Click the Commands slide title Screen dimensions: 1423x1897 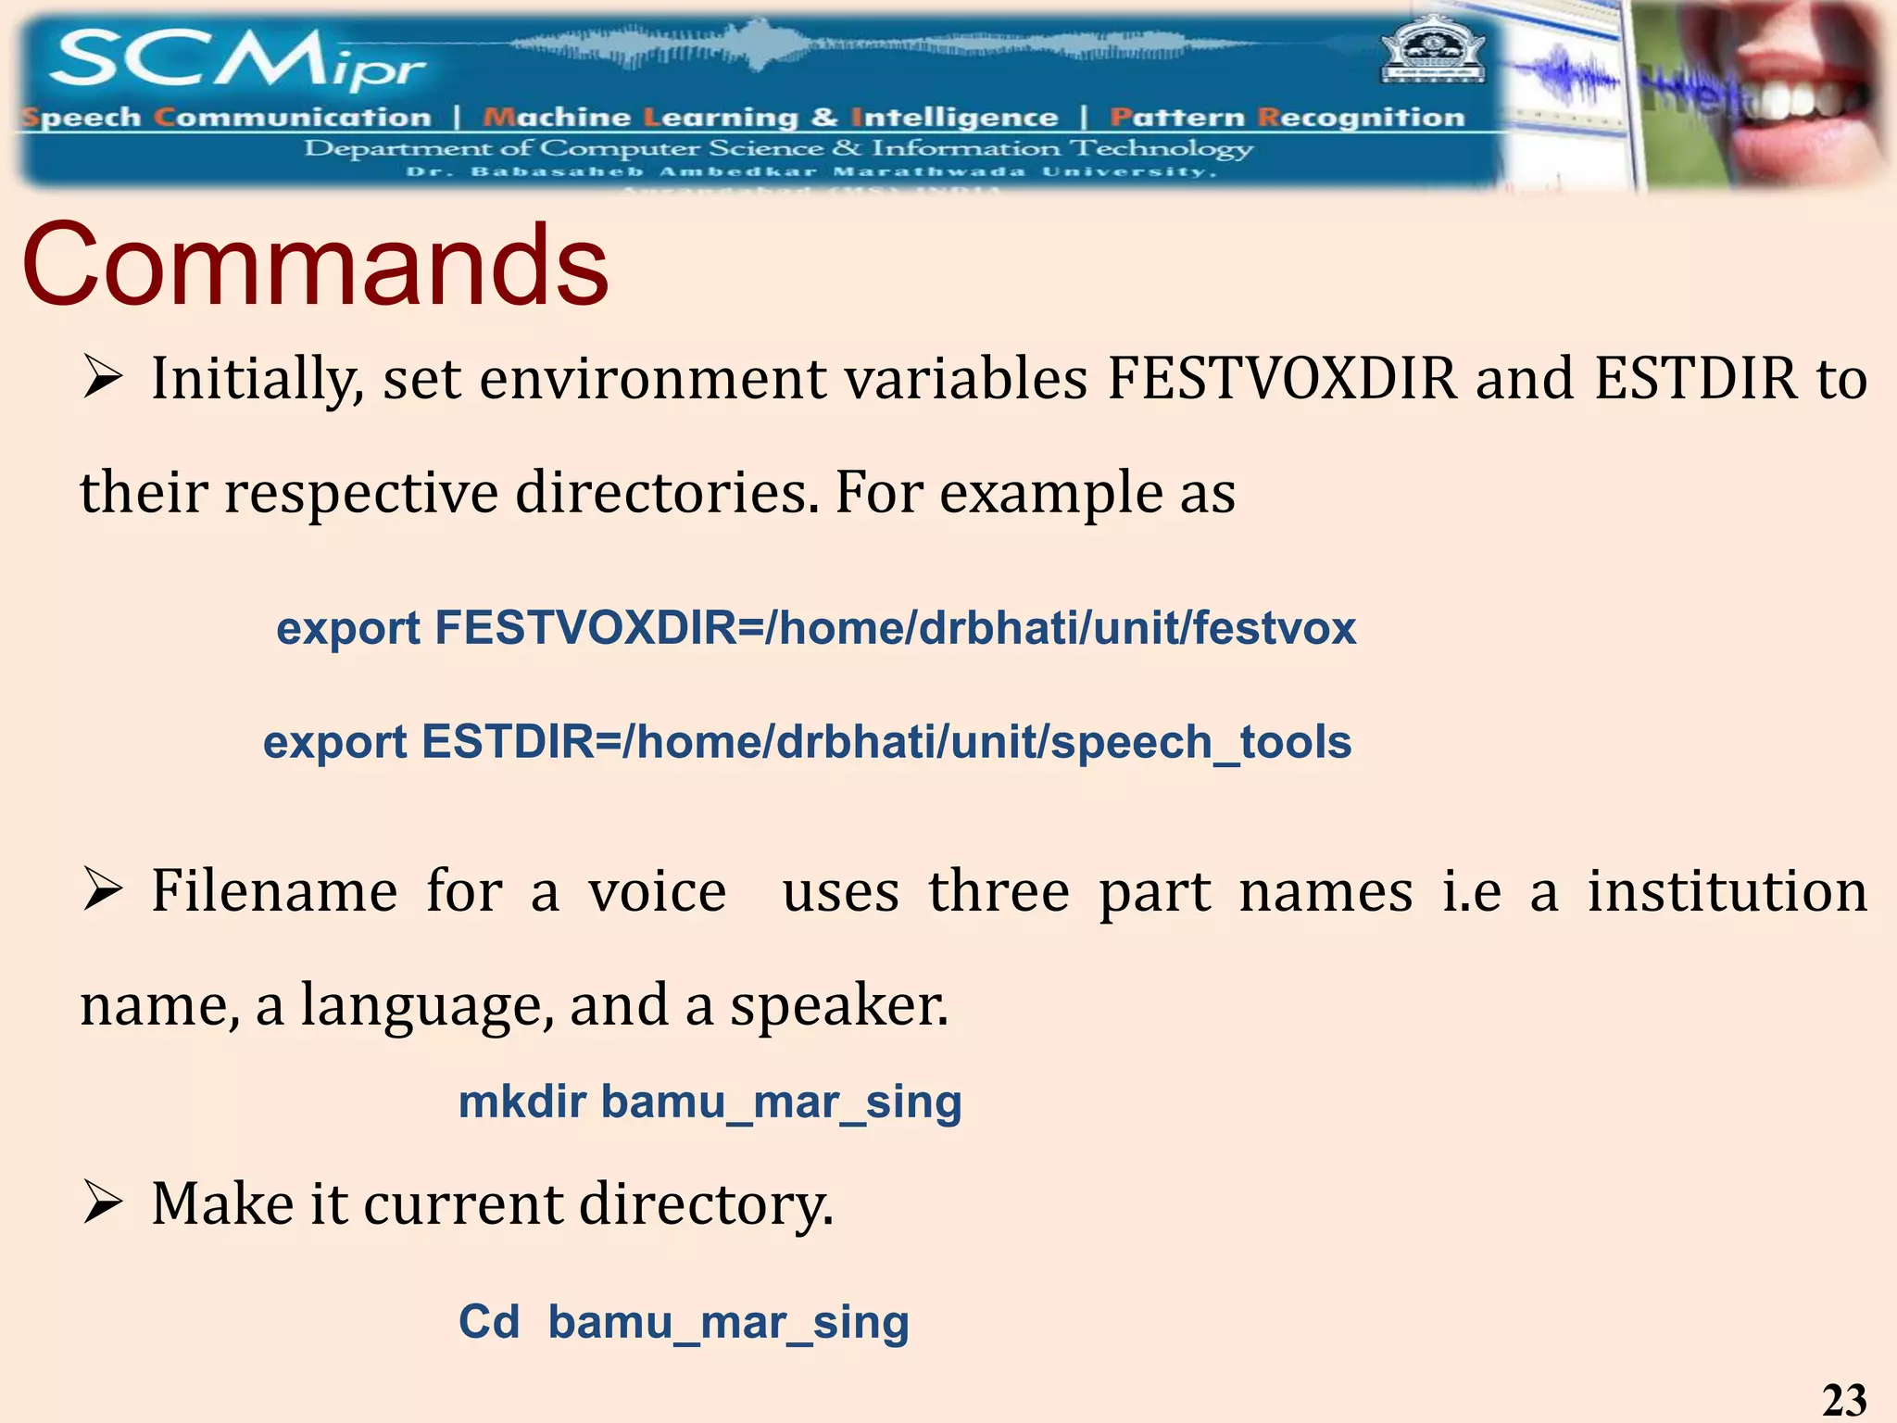(x=315, y=266)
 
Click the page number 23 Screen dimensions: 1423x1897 (x=1843, y=1399)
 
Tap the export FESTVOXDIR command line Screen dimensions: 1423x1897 (x=815, y=628)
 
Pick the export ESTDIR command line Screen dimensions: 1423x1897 (x=807, y=742)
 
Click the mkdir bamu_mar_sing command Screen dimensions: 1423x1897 (x=710, y=1102)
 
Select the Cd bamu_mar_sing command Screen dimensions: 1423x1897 (x=684, y=1322)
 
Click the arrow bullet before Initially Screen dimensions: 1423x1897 (x=102, y=378)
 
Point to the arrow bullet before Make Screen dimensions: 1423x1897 (x=102, y=1203)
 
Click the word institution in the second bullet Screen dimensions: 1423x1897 (x=1727, y=891)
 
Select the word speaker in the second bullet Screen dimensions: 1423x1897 (x=837, y=1005)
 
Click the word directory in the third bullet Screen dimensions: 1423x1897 (x=706, y=1204)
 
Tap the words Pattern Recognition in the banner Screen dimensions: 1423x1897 (x=1288, y=118)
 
